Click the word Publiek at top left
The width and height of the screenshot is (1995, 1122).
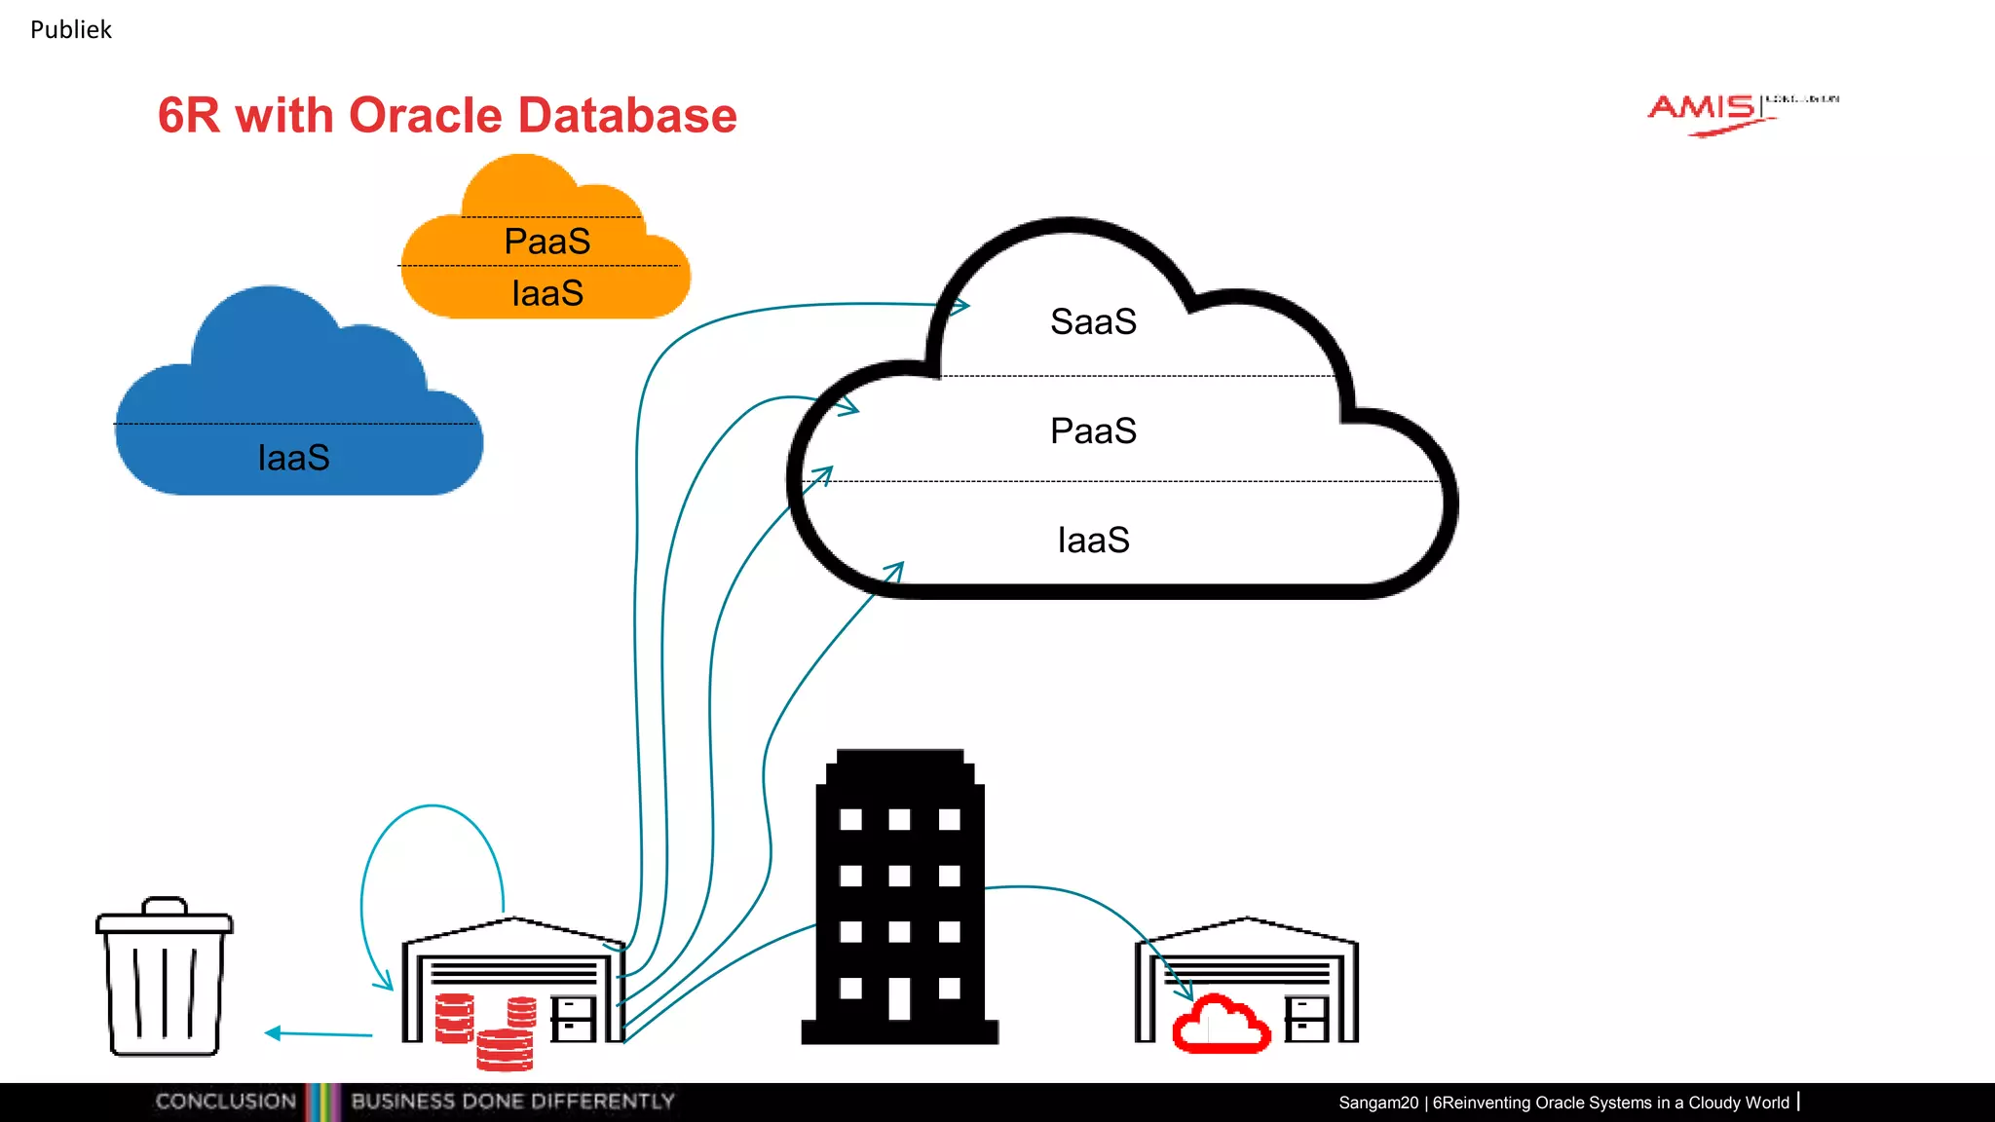coord(70,30)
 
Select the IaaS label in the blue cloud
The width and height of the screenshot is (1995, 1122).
coord(293,458)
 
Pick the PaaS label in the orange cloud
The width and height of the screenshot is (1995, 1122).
coord(546,242)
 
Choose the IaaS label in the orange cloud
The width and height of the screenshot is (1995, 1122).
coord(546,293)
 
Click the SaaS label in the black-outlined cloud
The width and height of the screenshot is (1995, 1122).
coord(1093,321)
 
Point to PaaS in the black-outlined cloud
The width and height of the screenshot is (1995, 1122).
coord(1093,430)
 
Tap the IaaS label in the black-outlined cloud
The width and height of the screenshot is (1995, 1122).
coord(1093,540)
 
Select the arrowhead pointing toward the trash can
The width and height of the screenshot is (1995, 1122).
coord(274,1033)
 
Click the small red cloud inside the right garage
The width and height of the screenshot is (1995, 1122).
coord(1221,1025)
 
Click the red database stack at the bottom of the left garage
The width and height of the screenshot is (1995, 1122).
coord(505,1050)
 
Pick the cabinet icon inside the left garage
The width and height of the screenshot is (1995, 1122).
coord(573,1019)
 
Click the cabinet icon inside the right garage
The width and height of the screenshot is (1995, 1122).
coord(1305,1019)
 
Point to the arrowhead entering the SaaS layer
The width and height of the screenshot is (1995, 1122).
coord(960,307)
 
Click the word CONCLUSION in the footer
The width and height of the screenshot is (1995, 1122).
coord(225,1102)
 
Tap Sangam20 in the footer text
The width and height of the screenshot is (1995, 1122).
coord(1377,1103)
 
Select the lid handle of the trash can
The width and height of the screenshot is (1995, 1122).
coord(164,905)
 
